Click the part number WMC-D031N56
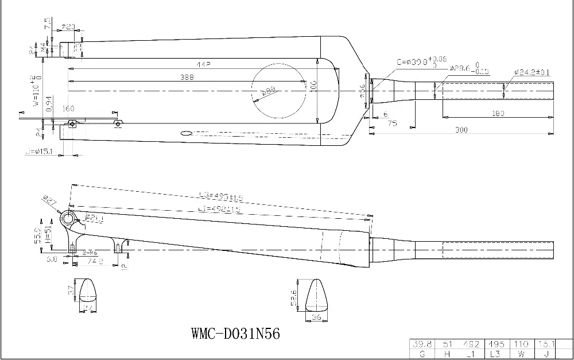[x=235, y=334]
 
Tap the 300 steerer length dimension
[x=460, y=130]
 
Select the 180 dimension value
[x=498, y=114]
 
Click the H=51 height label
[x=49, y=234]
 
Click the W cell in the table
[x=521, y=354]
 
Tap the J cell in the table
[x=545, y=354]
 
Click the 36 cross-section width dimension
[x=315, y=316]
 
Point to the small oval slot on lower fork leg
[x=187, y=134]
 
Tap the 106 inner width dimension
[x=313, y=86]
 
